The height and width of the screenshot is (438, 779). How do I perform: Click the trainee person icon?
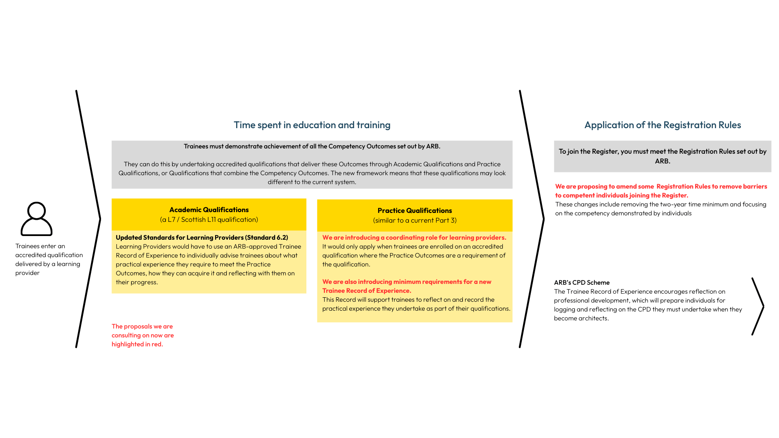pyautogui.click(x=37, y=219)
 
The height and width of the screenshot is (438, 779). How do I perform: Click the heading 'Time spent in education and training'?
pyautogui.click(x=312, y=125)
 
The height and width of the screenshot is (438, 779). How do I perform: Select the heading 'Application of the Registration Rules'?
pyautogui.click(x=662, y=125)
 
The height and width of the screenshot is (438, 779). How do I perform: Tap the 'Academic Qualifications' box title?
pyautogui.click(x=209, y=210)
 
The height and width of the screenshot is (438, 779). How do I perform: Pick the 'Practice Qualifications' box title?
pyautogui.click(x=414, y=210)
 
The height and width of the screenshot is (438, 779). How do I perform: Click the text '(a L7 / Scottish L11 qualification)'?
pyautogui.click(x=209, y=219)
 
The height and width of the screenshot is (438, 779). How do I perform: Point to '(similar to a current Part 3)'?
pyautogui.click(x=414, y=220)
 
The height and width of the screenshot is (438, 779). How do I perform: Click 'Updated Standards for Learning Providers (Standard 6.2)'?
pyautogui.click(x=202, y=237)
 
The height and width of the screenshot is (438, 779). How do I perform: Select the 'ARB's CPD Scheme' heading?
pyautogui.click(x=581, y=282)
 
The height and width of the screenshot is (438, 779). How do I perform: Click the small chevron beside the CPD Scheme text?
pyautogui.click(x=758, y=306)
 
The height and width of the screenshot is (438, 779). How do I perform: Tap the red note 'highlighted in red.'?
pyautogui.click(x=137, y=344)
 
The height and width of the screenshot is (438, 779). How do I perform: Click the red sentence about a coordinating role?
pyautogui.click(x=414, y=237)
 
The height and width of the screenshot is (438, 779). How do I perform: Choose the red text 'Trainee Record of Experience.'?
pyautogui.click(x=366, y=290)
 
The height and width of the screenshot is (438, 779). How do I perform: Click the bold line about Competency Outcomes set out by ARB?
pyautogui.click(x=312, y=146)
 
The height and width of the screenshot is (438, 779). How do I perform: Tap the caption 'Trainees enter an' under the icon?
pyautogui.click(x=40, y=246)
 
